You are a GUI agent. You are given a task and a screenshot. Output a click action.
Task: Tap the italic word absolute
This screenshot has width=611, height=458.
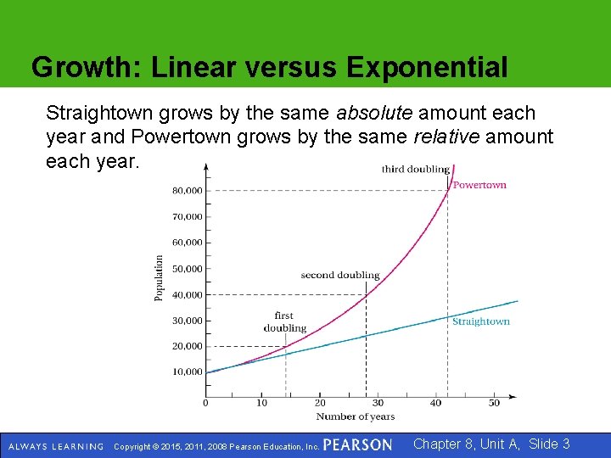pyautogui.click(x=374, y=113)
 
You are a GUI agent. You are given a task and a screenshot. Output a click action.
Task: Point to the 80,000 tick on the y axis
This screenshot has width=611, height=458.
pyautogui.click(x=188, y=191)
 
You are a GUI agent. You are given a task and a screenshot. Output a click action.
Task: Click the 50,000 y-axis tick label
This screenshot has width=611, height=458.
pyautogui.click(x=188, y=269)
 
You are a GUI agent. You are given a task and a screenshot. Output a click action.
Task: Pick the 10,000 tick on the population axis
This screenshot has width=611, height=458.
pyautogui.click(x=188, y=371)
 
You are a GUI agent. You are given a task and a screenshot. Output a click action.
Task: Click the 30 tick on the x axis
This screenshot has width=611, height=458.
pyautogui.click(x=378, y=403)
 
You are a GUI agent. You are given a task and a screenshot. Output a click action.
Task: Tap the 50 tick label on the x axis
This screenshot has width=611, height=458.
pyautogui.click(x=494, y=403)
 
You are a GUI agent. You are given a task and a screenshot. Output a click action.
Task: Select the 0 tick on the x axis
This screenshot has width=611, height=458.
pyautogui.click(x=205, y=403)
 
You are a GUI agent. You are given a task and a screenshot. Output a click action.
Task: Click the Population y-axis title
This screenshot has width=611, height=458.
pyautogui.click(x=160, y=278)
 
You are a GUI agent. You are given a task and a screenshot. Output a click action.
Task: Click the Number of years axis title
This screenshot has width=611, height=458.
pyautogui.click(x=355, y=416)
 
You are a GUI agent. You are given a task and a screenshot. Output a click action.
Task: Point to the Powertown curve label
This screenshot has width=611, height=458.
pyautogui.click(x=479, y=185)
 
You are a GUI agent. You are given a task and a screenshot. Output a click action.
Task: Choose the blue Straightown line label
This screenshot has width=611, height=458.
pyautogui.click(x=480, y=321)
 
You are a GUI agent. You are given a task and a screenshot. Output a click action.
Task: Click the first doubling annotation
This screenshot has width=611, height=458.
pyautogui.click(x=284, y=322)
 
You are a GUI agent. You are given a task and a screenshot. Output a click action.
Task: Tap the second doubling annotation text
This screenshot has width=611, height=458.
pyautogui.click(x=339, y=276)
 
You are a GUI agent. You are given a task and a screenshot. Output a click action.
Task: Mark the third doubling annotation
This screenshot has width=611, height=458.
pyautogui.click(x=415, y=170)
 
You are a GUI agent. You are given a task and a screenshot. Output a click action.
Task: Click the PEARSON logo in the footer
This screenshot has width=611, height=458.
pyautogui.click(x=357, y=445)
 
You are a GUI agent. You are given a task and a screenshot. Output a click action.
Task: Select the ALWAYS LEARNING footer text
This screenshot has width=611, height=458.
pyautogui.click(x=55, y=446)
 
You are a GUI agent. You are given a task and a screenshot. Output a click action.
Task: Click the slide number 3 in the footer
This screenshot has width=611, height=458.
pyautogui.click(x=565, y=444)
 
